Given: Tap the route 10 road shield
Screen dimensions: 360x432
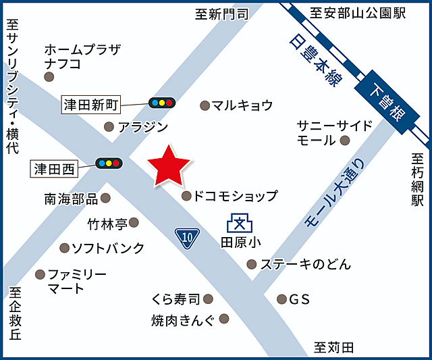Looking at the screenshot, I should click(x=187, y=237).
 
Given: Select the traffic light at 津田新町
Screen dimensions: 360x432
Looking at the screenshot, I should click(x=162, y=103).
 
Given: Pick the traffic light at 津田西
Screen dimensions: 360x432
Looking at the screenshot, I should click(x=108, y=163).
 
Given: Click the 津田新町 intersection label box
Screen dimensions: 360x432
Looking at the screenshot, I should click(x=90, y=105).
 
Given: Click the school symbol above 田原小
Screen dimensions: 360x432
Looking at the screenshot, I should click(x=238, y=222).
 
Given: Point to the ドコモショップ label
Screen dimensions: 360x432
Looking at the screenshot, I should click(x=235, y=197).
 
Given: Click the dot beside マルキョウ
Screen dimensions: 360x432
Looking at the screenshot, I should click(x=205, y=105).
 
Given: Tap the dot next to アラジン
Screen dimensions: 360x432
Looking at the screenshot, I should click(x=109, y=126).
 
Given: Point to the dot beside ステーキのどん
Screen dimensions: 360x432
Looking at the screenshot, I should click(x=252, y=264).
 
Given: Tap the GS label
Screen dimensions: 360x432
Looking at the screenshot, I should click(x=299, y=299).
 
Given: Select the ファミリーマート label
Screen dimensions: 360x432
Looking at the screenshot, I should click(x=76, y=282).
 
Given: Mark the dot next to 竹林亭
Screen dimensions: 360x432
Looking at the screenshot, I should click(x=134, y=222).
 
